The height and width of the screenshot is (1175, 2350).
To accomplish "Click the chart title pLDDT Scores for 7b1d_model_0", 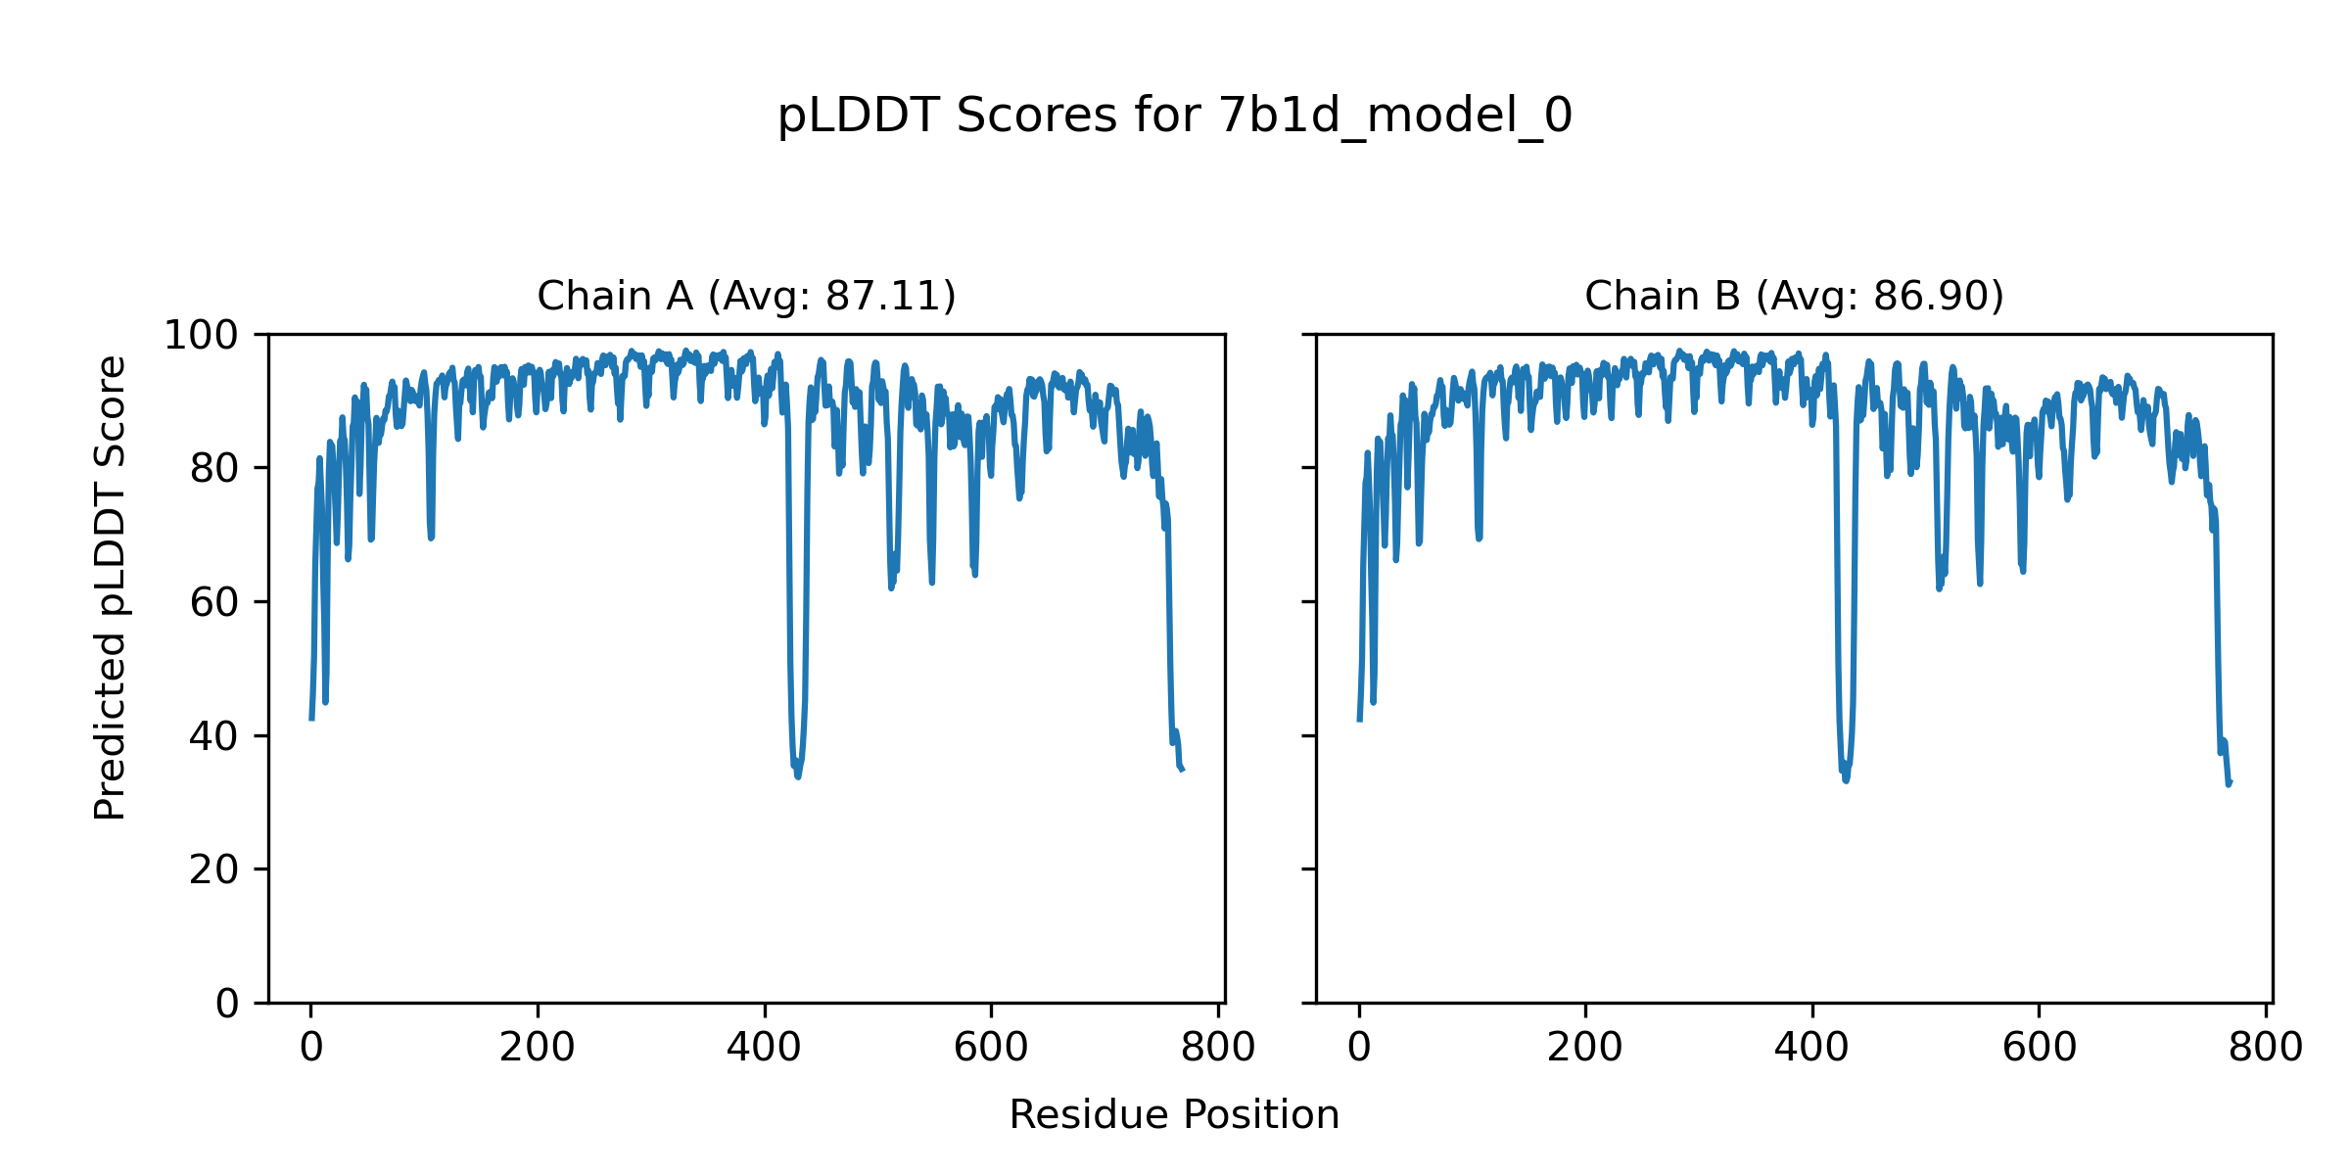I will (x=1174, y=117).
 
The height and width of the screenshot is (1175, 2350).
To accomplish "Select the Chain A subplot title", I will (x=746, y=296).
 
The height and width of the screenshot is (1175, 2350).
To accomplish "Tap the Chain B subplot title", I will (x=1794, y=296).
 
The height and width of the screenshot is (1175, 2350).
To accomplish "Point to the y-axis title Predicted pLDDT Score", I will (x=110, y=587).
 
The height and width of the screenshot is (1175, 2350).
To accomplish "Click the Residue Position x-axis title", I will (x=1174, y=1115).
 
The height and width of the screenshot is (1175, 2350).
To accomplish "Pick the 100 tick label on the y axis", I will (x=201, y=336).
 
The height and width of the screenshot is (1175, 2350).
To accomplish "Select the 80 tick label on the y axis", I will (x=214, y=469).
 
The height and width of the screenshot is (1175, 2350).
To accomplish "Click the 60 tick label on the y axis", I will (x=214, y=602).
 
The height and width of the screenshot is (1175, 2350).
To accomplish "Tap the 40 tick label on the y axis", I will (x=214, y=736).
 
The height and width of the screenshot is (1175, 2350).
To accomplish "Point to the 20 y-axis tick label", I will (x=214, y=869).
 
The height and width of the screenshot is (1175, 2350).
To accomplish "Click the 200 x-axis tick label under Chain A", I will (x=538, y=1049).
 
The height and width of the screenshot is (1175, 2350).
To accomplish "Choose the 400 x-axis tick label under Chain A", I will (x=764, y=1049).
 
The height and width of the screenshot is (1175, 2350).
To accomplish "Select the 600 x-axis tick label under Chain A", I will (x=991, y=1049).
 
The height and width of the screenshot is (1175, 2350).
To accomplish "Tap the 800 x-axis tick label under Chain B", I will (x=2266, y=1049).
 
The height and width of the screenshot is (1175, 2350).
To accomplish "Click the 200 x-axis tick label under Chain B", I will (x=1585, y=1049).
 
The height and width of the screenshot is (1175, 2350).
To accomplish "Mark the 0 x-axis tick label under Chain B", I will (x=1359, y=1049).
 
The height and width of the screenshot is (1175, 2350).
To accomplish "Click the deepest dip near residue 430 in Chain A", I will (x=798, y=776).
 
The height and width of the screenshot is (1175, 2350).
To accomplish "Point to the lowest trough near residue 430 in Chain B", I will (x=1846, y=780).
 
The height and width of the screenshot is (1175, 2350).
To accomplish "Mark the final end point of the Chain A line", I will (x=1183, y=771).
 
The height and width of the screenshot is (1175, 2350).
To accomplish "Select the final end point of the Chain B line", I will (x=2230, y=783).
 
